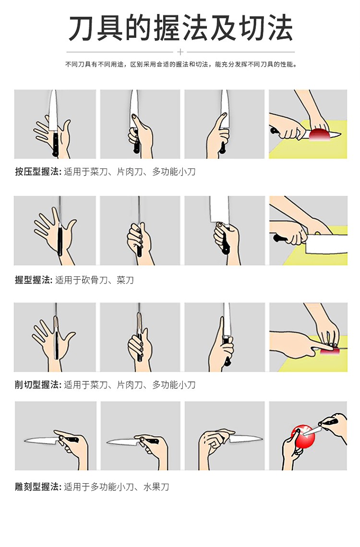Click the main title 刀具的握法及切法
pyautogui.click(x=180, y=28)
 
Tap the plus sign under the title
pyautogui.click(x=180, y=52)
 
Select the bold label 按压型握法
pyautogui.click(x=37, y=172)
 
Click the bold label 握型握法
pyautogui.click(x=33, y=280)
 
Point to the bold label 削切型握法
pyautogui.click(x=37, y=385)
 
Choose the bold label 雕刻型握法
pyautogui.click(x=37, y=487)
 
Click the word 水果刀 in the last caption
pyautogui.click(x=156, y=487)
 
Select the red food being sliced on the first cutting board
pyautogui.click(x=319, y=135)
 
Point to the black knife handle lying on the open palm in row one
pyautogui.click(x=55, y=143)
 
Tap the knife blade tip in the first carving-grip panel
pyautogui.click(x=25, y=441)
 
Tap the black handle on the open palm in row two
pyautogui.click(x=60, y=241)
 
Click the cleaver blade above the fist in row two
pyautogui.click(x=219, y=209)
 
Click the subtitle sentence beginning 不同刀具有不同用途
pyautogui.click(x=181, y=65)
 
